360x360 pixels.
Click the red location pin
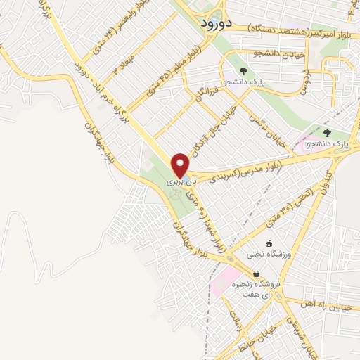click(x=181, y=165)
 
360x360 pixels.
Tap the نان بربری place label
click(x=179, y=182)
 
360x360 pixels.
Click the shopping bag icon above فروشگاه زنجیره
click(x=256, y=274)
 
